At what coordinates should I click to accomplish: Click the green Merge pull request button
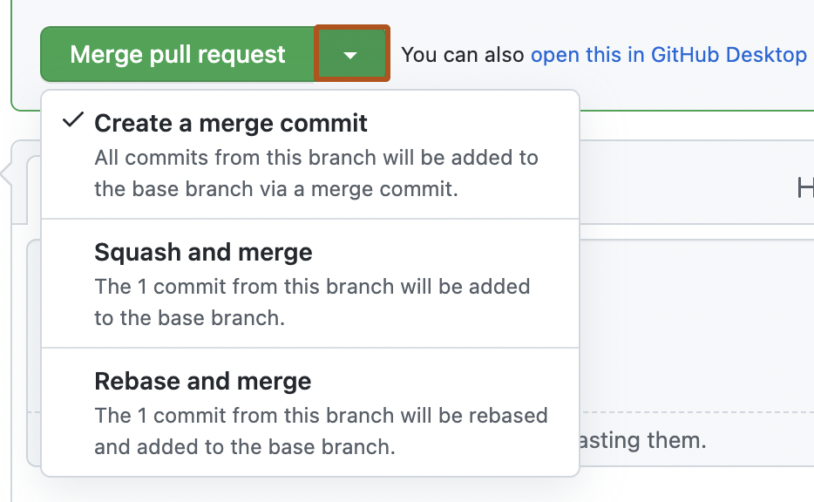(178, 55)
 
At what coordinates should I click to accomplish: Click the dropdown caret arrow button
(350, 55)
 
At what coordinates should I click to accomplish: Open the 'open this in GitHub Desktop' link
(668, 55)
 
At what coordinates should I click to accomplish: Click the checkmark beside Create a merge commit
(73, 121)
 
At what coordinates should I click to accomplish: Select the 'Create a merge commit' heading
(231, 123)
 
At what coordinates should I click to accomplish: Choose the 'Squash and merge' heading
(203, 253)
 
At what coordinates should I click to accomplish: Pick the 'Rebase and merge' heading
(202, 382)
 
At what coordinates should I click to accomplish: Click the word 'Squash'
(135, 253)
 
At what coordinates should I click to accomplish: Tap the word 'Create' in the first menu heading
(133, 123)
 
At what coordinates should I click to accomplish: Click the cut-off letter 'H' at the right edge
(805, 187)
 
